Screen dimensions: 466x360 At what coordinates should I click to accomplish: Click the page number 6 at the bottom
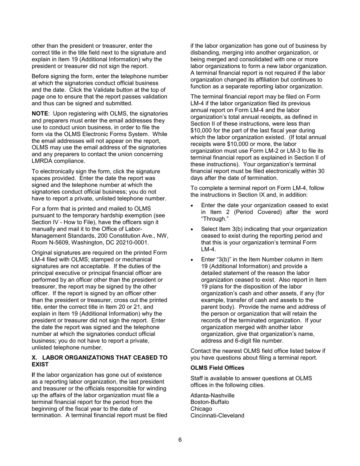180,440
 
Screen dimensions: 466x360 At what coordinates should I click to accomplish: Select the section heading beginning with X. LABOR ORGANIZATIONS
99,361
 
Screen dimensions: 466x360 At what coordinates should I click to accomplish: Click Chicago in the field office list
201,409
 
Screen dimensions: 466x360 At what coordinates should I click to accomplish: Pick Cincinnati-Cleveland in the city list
217,416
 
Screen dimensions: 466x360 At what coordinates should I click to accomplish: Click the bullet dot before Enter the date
194,205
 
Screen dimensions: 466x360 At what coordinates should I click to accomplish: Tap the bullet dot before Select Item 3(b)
194,229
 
